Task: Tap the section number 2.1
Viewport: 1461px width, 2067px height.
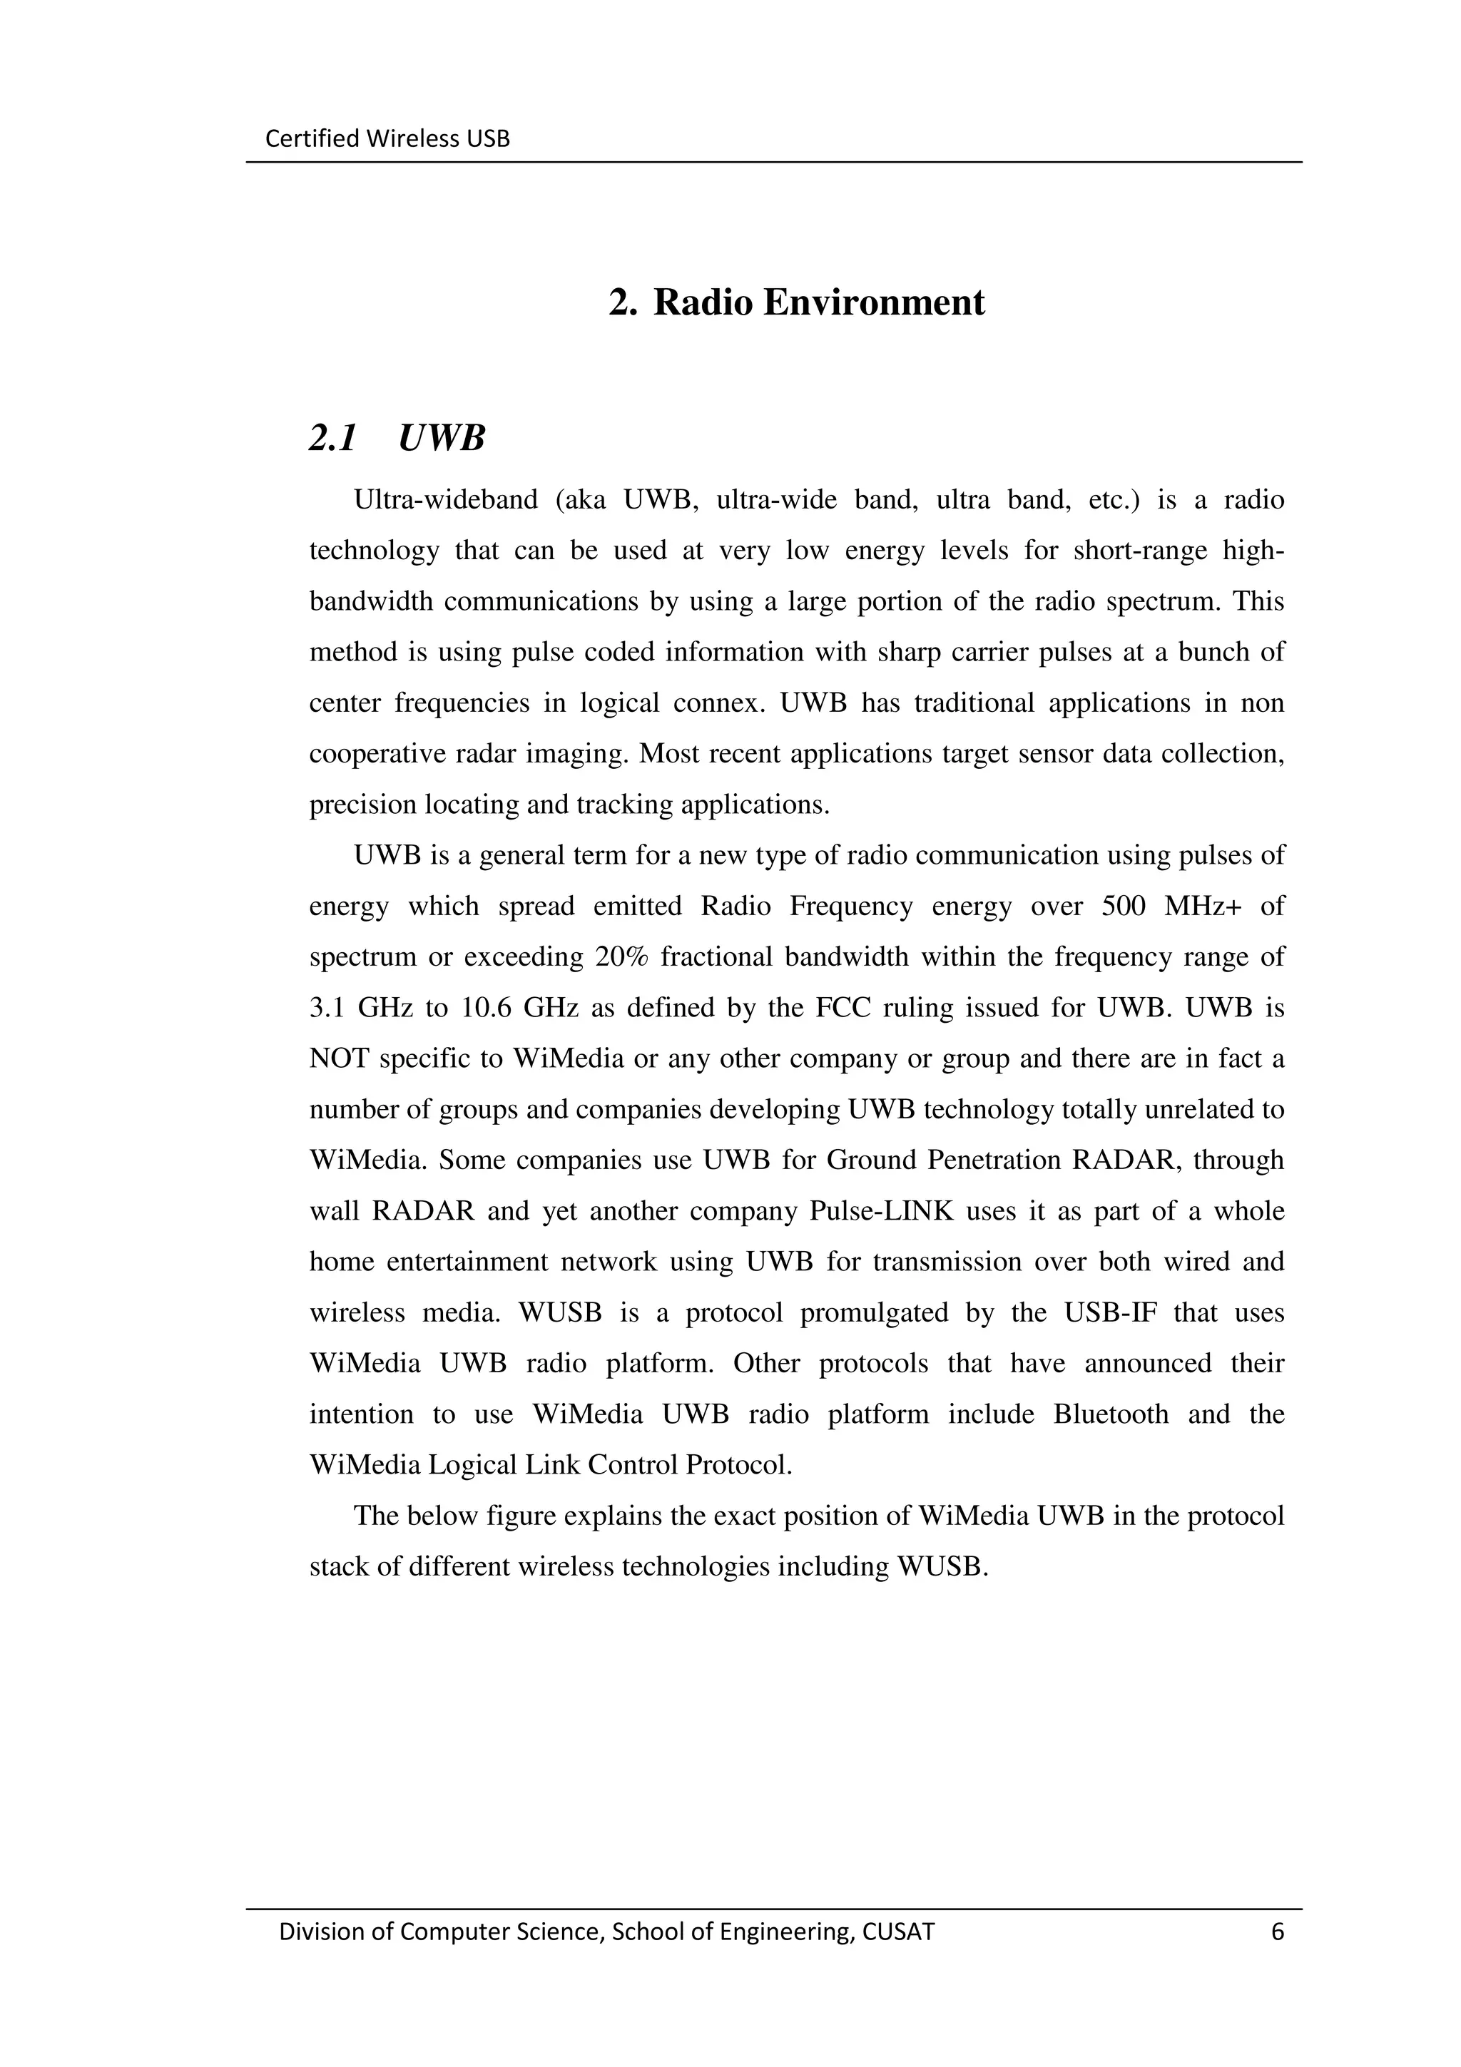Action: coord(333,439)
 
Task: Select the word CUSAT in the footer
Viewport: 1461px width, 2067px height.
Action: coord(898,1932)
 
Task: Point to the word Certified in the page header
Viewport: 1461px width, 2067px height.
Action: coord(300,138)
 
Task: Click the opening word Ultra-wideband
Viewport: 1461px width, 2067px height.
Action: coord(446,500)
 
